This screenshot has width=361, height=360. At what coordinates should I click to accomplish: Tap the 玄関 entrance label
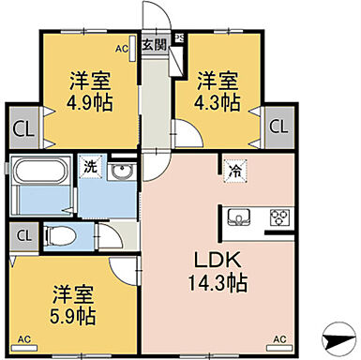tap(154, 43)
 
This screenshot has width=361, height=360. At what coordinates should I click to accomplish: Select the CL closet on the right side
tap(277, 126)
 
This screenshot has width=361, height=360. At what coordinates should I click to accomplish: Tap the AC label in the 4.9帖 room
tap(122, 46)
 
